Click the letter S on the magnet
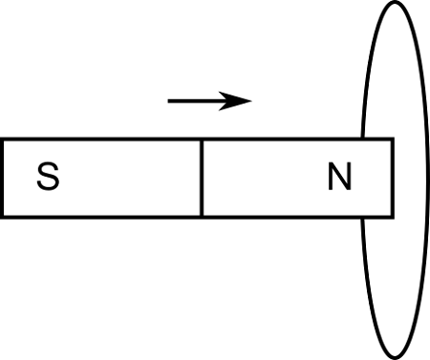point(49,178)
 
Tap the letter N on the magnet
point(339,178)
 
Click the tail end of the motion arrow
point(169,100)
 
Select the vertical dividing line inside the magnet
point(202,178)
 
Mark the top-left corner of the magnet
point(3,140)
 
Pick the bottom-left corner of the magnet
point(3,215)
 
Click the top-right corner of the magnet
point(392,140)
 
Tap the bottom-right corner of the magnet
point(392,215)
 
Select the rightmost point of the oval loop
point(425,180)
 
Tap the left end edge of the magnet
point(3,178)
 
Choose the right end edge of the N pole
point(392,178)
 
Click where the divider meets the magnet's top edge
point(202,140)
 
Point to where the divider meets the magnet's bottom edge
point(202,215)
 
